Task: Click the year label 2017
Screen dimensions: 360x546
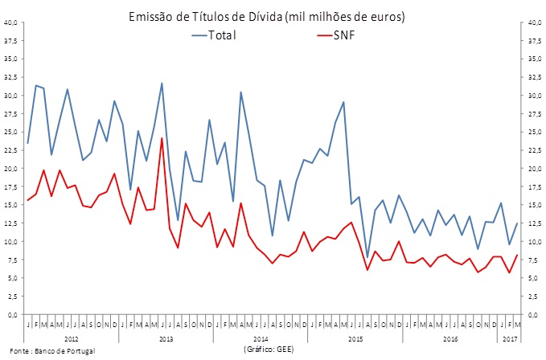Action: coord(509,339)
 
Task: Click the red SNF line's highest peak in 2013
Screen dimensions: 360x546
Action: coord(162,138)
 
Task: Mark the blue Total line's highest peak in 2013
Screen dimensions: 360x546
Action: coord(162,84)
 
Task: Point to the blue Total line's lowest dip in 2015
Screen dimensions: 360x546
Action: coord(367,257)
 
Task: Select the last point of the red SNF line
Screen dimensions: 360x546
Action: coord(517,255)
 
